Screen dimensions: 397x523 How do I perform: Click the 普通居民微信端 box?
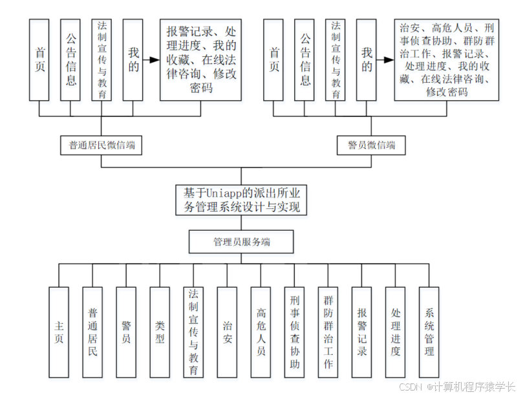click(101, 145)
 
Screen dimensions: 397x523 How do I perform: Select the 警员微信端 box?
click(367, 145)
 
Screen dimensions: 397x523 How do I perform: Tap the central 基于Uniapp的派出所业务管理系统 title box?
click(240, 200)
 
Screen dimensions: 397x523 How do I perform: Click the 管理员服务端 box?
click(240, 242)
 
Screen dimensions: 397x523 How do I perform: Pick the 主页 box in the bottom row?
click(59, 332)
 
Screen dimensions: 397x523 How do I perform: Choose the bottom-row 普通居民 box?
click(92, 332)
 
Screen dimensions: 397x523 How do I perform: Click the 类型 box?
click(160, 332)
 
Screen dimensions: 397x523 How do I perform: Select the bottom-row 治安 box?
click(227, 332)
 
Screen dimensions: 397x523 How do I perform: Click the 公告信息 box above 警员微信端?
click(304, 59)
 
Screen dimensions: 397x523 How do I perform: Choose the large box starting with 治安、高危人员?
click(447, 59)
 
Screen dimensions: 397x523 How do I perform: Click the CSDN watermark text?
click(457, 387)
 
